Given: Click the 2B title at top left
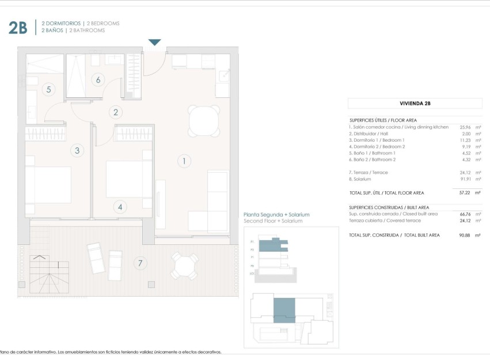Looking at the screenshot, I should point(18,28).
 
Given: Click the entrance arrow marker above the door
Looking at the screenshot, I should point(155,43).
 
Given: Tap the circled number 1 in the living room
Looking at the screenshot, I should point(184,161).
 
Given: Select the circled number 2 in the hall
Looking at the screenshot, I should point(116,113).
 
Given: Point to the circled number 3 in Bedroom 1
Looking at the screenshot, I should point(78,151).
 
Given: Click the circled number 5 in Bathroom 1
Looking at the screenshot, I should point(49,89).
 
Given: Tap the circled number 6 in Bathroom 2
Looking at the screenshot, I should point(98,79).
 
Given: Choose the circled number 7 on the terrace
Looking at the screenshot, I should point(139,264).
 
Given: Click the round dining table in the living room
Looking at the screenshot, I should point(204,120).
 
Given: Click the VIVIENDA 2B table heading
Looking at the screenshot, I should point(415,104).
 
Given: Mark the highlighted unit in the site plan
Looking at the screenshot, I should point(283,310).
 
